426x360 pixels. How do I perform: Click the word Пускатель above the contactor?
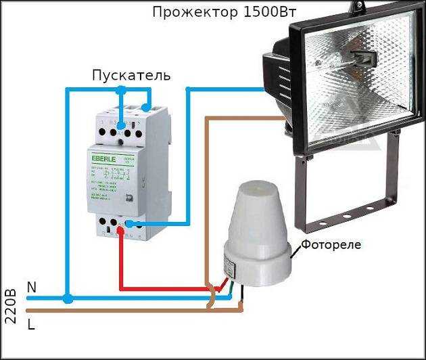tap(131, 74)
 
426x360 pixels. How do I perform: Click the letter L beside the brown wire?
tap(31, 324)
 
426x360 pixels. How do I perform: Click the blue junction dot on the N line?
tap(67, 298)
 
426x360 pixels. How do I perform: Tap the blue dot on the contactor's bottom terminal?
tap(130, 224)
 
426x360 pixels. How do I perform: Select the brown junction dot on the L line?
tap(240, 309)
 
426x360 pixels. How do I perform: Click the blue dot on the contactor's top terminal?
tap(121, 125)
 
